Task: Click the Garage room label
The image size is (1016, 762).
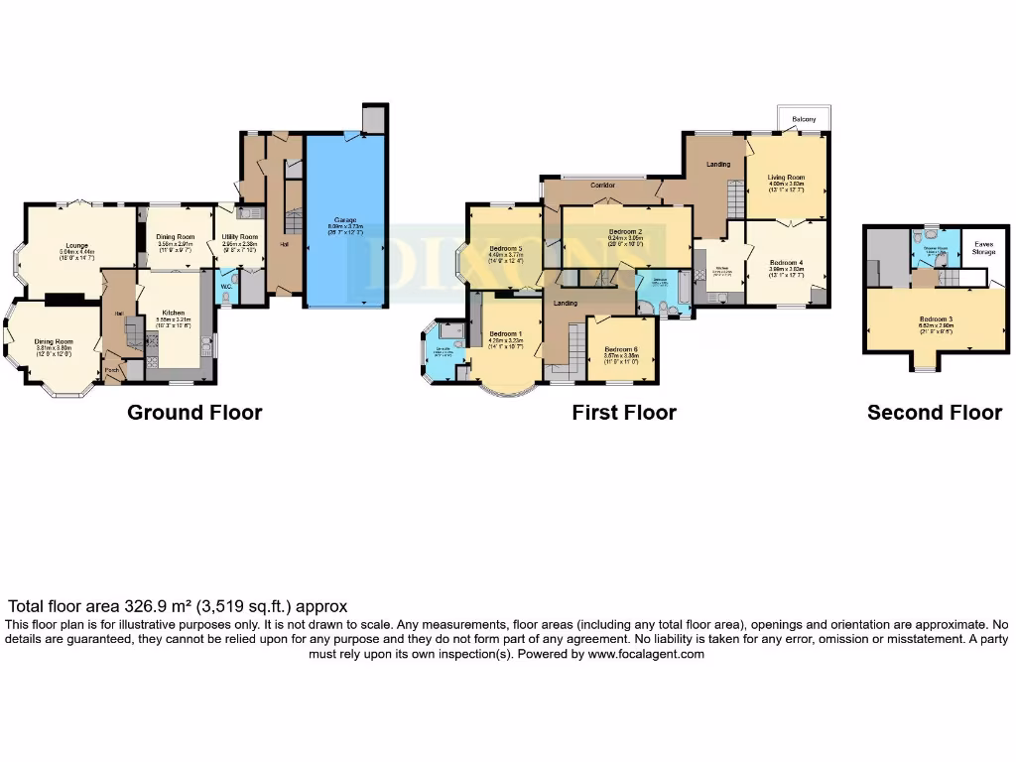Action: (x=344, y=220)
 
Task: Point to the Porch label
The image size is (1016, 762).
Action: (x=111, y=371)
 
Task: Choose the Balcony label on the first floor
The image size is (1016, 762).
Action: (x=804, y=120)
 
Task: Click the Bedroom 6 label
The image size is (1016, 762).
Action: (x=621, y=349)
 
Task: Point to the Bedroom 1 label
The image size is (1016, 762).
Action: (x=506, y=333)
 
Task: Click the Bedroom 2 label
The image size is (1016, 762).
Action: (x=626, y=231)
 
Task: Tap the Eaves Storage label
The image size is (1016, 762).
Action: (x=984, y=248)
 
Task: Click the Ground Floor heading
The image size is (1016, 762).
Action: (x=194, y=413)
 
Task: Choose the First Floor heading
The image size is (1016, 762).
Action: (x=624, y=413)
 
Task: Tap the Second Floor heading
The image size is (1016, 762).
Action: (x=935, y=413)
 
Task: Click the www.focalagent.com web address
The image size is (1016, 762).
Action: (x=646, y=654)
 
